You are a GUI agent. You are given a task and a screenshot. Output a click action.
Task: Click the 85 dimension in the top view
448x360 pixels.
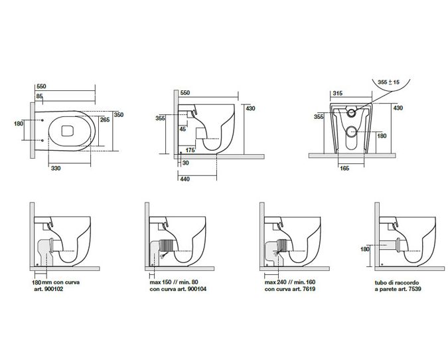40,97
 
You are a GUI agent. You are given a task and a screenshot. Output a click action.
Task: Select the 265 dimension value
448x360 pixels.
104,120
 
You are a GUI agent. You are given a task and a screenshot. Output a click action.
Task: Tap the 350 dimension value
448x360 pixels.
119,114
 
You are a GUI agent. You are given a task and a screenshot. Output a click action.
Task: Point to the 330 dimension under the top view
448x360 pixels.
57,168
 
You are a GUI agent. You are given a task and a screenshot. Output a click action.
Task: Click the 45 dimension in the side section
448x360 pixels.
183,129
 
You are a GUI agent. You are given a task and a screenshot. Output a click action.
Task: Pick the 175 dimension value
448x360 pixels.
190,151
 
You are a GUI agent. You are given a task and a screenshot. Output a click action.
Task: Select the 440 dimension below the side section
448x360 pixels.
186,179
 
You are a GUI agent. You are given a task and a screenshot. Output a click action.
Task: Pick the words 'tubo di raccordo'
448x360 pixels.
392,282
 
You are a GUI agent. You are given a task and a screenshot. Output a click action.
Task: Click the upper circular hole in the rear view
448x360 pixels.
351,114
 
